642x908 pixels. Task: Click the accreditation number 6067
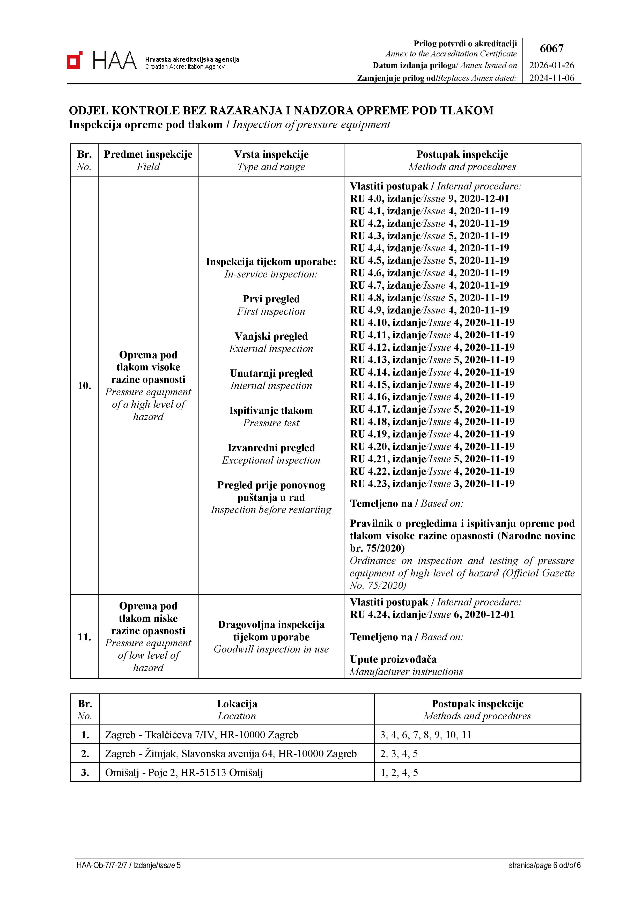[551, 49]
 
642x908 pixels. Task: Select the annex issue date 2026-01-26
[551, 66]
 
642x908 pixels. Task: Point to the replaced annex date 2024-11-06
[551, 78]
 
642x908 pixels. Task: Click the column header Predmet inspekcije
[148, 155]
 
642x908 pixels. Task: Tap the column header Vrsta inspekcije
[271, 155]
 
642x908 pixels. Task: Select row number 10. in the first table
[84, 386]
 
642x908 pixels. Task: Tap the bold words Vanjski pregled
[271, 336]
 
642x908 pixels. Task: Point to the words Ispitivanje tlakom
[271, 411]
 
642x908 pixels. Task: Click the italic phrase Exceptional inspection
[271, 460]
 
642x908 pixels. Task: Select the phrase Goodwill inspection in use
[271, 649]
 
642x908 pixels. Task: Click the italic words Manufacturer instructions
[406, 672]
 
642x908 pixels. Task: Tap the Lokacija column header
[237, 704]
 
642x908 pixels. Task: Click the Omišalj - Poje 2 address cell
[184, 773]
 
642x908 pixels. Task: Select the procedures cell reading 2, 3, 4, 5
[399, 754]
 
